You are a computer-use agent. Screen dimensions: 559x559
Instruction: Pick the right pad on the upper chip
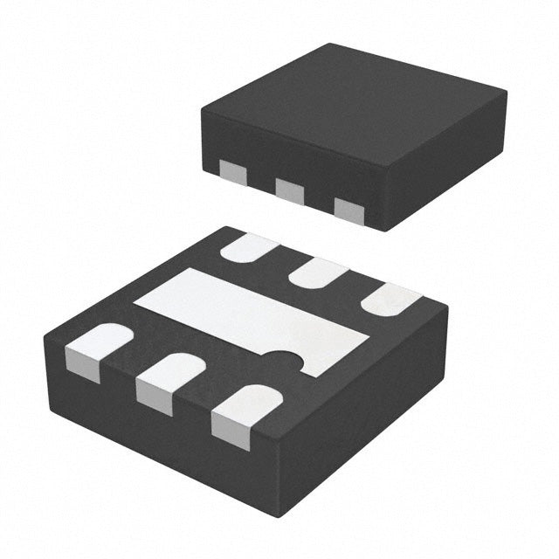coord(349,210)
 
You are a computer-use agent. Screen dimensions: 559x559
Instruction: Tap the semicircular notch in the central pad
coord(284,359)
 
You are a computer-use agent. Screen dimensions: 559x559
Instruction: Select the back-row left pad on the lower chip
coord(248,250)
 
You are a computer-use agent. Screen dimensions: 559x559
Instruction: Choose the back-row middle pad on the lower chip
coord(316,274)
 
